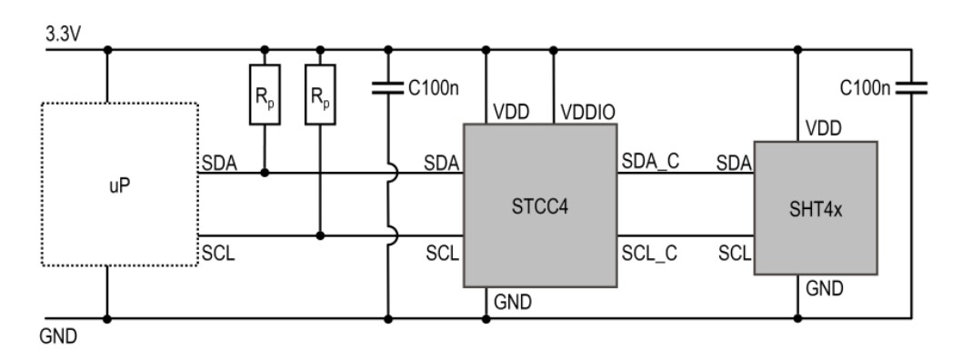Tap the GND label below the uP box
pos(59,336)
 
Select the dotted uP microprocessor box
pos(120,184)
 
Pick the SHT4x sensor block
pos(816,207)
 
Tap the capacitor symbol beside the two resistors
pos(388,88)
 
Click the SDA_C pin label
pos(649,162)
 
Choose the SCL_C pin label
pos(649,254)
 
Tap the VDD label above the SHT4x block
pos(823,129)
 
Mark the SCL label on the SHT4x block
pos(735,254)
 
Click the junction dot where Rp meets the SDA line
pos(264,172)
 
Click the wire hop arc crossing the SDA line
pos(389,172)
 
